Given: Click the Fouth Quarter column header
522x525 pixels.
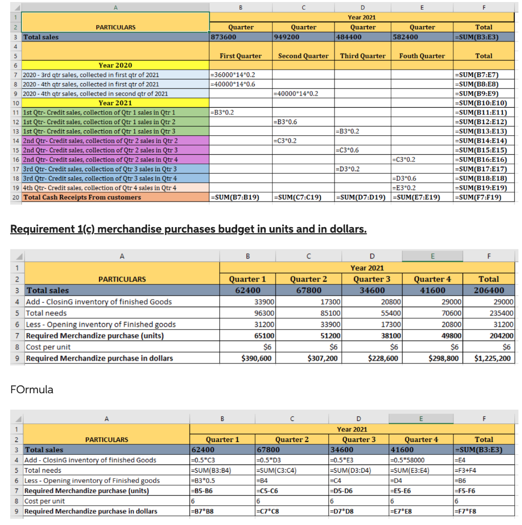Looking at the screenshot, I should tap(422, 56).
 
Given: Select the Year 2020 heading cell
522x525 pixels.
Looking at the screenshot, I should tap(115, 65).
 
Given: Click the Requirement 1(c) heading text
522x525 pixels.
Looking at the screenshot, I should tap(189, 229).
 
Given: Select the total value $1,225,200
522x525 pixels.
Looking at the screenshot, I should tap(492, 358).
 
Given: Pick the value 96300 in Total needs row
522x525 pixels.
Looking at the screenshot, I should tap(261, 313).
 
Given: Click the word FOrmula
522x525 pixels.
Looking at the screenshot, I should tap(32, 390).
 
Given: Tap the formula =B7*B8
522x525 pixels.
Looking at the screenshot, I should tap(201, 511).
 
